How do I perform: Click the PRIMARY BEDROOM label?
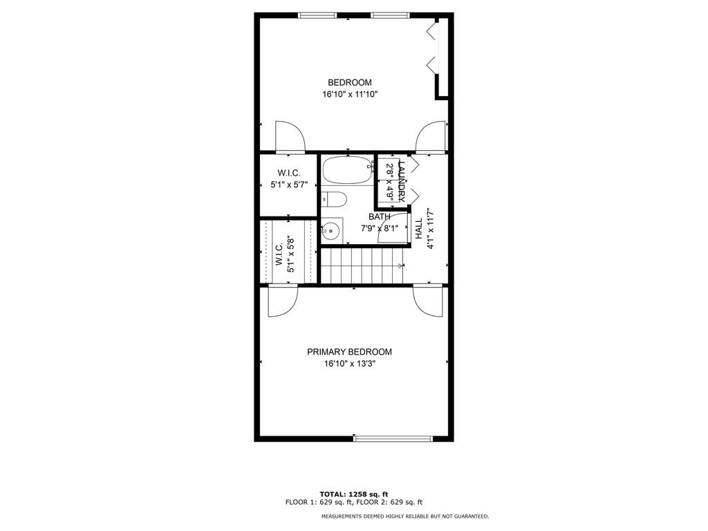(349, 352)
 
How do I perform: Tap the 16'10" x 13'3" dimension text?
(349, 363)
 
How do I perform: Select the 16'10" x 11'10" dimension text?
(349, 94)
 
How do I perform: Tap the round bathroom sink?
(330, 231)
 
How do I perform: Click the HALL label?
(418, 229)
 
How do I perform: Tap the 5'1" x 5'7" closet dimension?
(288, 185)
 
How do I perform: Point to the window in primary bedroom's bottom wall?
(393, 438)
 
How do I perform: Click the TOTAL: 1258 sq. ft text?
(353, 494)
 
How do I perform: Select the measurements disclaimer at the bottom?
(404, 516)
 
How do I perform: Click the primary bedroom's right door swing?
(428, 301)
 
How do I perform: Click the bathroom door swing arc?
(392, 230)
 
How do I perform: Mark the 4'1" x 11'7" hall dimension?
(429, 229)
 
